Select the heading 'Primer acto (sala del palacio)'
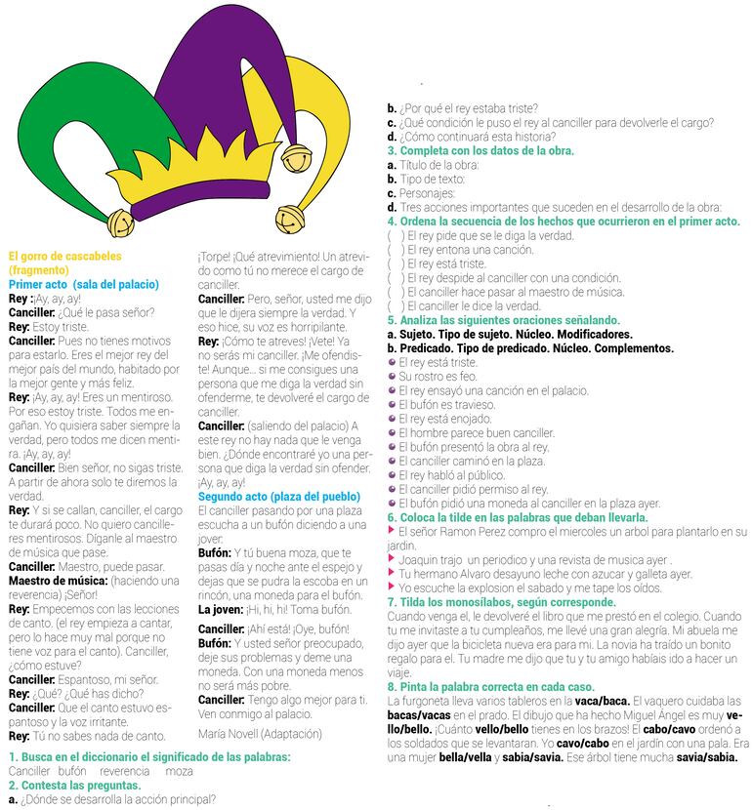pos(83,284)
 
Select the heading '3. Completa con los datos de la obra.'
pos(480,151)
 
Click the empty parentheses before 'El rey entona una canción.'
pos(395,250)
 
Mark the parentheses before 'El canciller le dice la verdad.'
pos(395,305)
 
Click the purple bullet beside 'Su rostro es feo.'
pos(392,376)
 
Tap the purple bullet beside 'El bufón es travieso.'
pos(392,404)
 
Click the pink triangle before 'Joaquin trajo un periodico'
pos(392,559)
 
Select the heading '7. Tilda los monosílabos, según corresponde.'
pos(502,603)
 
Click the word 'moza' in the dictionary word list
pos(179,771)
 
